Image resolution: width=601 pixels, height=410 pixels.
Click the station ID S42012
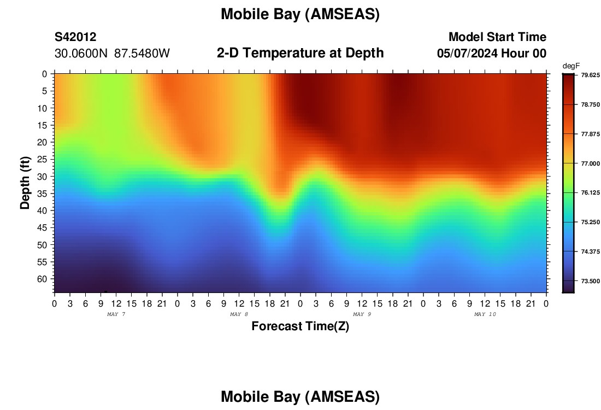click(75, 37)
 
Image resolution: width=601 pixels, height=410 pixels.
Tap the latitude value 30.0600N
click(81, 54)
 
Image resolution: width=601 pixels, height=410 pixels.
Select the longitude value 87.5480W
click(142, 54)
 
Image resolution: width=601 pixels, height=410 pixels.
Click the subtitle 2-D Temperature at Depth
click(300, 53)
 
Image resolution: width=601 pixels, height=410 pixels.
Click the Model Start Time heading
click(498, 37)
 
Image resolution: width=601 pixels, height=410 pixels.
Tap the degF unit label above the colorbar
click(571, 66)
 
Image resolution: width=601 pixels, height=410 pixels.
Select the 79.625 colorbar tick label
click(591, 75)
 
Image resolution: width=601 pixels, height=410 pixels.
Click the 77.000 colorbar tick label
click(591, 163)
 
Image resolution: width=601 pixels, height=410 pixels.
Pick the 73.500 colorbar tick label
click(591, 281)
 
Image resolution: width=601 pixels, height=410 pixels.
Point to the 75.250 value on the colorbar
click(591, 222)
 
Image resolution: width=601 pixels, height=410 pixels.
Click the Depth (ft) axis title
click(25, 183)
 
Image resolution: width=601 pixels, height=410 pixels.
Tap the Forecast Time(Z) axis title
click(300, 326)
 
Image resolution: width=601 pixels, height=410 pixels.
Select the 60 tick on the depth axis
click(42, 279)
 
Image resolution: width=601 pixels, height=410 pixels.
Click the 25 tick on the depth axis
click(42, 159)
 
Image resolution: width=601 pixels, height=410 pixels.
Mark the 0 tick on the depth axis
click(45, 74)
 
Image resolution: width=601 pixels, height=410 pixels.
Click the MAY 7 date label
click(116, 314)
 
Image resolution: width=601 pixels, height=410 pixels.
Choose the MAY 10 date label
click(485, 314)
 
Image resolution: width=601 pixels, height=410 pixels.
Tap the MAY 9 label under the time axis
click(362, 314)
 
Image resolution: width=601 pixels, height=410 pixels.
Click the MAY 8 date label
click(239, 314)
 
